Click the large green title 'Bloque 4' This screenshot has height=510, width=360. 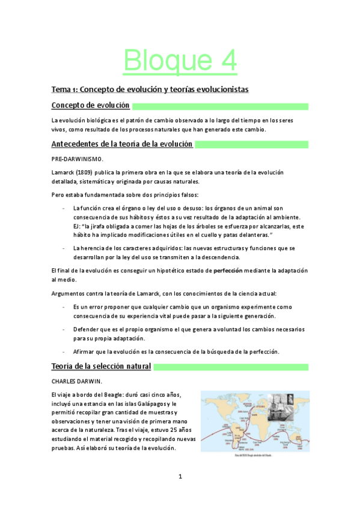(x=180, y=61)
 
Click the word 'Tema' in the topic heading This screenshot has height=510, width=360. (x=60, y=89)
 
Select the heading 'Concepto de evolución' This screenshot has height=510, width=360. (x=90, y=106)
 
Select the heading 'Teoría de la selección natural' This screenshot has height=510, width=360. (x=101, y=366)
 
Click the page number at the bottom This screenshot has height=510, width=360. (x=180, y=477)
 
